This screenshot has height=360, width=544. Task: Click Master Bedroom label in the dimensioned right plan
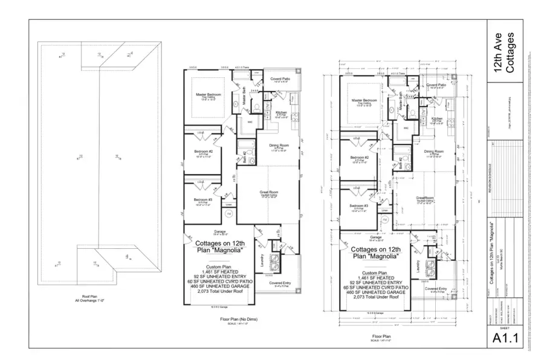click(x=363, y=100)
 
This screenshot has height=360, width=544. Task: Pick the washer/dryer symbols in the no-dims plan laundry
click(x=273, y=263)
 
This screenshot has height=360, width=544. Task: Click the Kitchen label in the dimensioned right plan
click(x=437, y=119)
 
